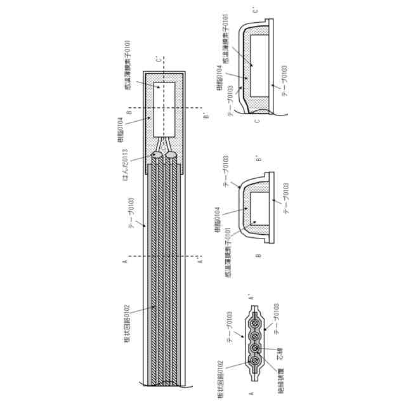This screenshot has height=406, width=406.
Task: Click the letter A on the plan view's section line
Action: pos(126,259)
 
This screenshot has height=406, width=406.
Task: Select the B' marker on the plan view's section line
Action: pos(205,115)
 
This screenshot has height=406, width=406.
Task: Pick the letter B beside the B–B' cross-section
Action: pos(258,256)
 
